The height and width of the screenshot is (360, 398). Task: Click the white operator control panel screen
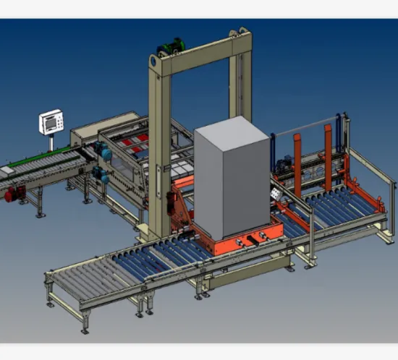pos(51,122)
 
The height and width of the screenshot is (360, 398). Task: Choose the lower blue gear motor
pos(101,174)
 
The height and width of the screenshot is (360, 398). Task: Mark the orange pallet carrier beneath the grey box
pos(239,234)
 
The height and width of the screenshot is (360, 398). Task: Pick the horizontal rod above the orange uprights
pos(308,129)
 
